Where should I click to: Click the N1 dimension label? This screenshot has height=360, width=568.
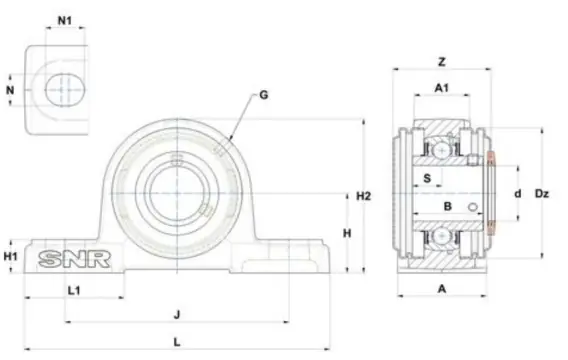(x=65, y=21)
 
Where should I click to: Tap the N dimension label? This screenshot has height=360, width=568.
(x=10, y=90)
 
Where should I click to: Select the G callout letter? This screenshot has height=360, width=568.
(x=264, y=95)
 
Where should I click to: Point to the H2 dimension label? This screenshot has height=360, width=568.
(x=364, y=196)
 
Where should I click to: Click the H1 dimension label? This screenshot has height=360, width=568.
(x=11, y=256)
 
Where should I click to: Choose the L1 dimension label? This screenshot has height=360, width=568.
(x=74, y=290)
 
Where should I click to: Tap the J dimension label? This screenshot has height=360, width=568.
(x=177, y=314)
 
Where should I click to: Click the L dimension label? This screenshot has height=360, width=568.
(x=177, y=342)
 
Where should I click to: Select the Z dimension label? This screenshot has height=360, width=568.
(x=442, y=62)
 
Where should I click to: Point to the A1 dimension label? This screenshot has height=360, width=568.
(x=442, y=88)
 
